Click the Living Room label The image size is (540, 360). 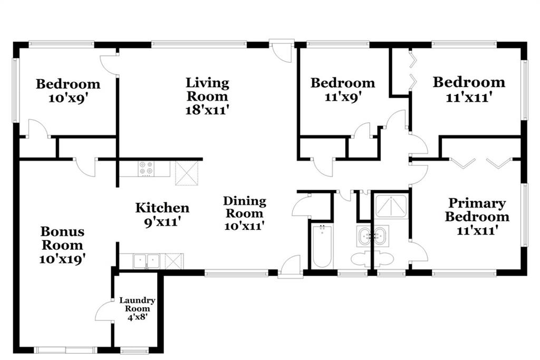[x=207, y=90]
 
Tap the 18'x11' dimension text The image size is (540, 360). [x=207, y=110]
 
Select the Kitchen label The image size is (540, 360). [x=162, y=208]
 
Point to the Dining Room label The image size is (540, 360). [x=245, y=207]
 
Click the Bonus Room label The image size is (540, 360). [x=62, y=238]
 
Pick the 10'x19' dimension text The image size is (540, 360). [x=62, y=259]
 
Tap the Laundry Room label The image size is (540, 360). [x=137, y=304]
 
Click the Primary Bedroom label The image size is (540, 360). [x=477, y=210]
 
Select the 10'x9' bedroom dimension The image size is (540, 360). [x=68, y=99]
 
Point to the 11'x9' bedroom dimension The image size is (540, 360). [x=343, y=97]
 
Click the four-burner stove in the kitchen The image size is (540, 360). [x=146, y=169]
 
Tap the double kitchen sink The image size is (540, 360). [x=147, y=261]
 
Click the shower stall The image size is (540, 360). [x=391, y=207]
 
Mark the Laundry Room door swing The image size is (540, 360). [x=104, y=310]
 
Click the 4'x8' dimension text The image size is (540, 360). [x=138, y=317]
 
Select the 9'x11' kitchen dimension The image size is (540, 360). [x=162, y=222]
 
